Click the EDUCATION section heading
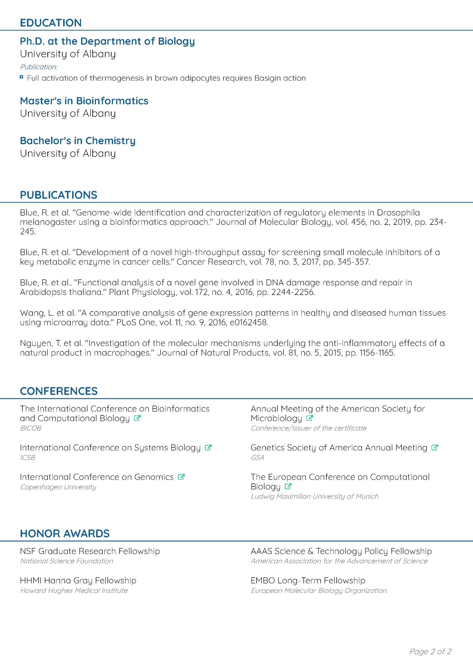coord(51,23)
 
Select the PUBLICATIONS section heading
coord(58,195)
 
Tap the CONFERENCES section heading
coord(59,391)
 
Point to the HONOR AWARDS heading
coord(65,534)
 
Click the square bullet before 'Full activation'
coord(21,77)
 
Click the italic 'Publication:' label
coord(38,67)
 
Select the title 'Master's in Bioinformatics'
coord(84,101)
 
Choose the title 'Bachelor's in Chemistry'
coord(78,141)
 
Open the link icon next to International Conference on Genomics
coord(181,477)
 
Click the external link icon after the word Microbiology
coord(310,418)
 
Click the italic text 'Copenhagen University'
coord(58,487)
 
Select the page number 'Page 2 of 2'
coord(430,652)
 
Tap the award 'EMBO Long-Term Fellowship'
coord(308,580)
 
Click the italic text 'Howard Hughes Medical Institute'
coord(74,591)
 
